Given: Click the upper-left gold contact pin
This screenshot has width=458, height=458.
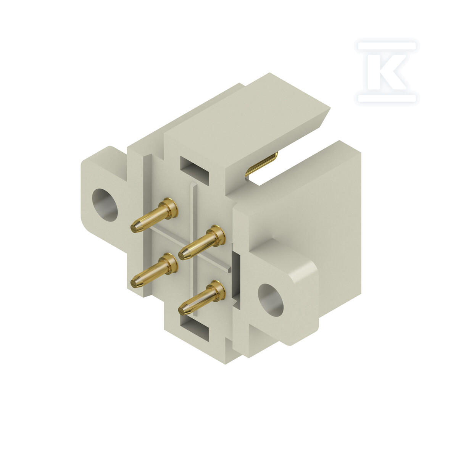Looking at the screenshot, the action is click(154, 215).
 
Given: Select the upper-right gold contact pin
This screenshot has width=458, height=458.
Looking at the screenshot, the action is click(202, 242).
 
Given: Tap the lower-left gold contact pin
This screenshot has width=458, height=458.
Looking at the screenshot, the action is click(154, 271).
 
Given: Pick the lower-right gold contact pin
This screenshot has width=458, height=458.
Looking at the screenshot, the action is click(202, 298).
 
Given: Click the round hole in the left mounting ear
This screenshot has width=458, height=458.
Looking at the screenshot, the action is click(105, 205).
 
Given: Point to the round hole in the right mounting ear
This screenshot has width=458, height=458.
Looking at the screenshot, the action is click(271, 300).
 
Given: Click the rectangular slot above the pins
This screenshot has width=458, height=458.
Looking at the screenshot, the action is click(194, 170).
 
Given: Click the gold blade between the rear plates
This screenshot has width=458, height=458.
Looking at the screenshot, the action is click(261, 164).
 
